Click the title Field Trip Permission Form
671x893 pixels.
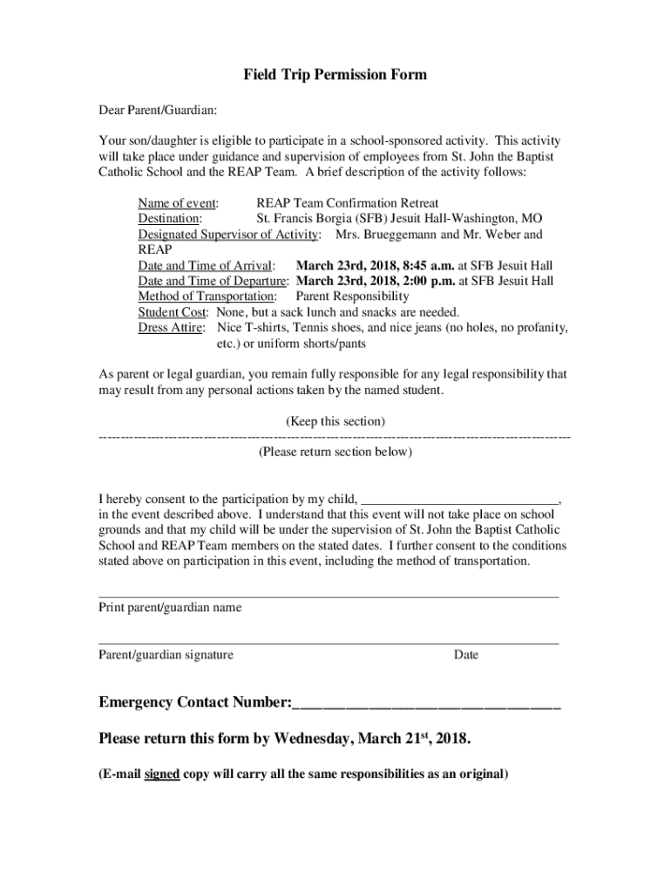(x=335, y=75)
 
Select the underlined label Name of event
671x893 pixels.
(x=178, y=203)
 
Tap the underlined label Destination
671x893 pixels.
(x=170, y=219)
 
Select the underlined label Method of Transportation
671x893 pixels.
(x=201, y=297)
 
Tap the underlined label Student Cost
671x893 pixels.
(x=173, y=312)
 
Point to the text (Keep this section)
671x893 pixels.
(x=335, y=421)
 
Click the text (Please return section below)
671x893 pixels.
(x=335, y=452)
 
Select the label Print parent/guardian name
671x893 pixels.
(x=170, y=607)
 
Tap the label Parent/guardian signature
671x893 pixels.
(x=166, y=655)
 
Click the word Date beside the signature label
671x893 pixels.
(x=465, y=655)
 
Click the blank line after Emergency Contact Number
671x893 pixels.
(x=426, y=705)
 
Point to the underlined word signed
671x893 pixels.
(x=162, y=774)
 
